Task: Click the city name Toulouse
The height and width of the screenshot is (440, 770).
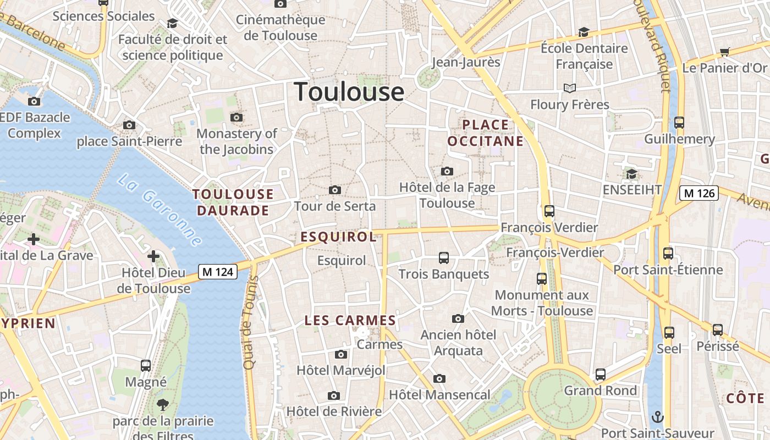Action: click(x=349, y=91)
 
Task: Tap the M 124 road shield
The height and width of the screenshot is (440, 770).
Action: click(x=218, y=272)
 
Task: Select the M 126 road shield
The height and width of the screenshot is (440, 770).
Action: click(x=699, y=193)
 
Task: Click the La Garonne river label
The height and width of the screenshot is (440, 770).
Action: click(x=159, y=210)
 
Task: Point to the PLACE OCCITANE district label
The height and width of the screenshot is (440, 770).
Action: click(x=486, y=133)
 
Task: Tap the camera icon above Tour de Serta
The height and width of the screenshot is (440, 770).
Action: click(x=334, y=190)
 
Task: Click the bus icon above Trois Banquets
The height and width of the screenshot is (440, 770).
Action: click(x=443, y=257)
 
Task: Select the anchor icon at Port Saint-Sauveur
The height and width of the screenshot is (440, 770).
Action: click(x=657, y=417)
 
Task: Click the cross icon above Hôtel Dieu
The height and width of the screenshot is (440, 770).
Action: click(x=153, y=256)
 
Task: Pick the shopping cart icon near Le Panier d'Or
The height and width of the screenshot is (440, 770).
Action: click(x=724, y=52)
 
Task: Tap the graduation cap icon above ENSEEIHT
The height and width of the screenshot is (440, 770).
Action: click(x=631, y=174)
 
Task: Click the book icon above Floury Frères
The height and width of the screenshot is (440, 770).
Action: click(x=569, y=88)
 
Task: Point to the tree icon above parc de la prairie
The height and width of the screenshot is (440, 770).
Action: click(x=163, y=405)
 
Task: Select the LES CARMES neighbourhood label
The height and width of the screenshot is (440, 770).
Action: click(x=350, y=321)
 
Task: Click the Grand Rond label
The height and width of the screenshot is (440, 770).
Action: click(x=601, y=391)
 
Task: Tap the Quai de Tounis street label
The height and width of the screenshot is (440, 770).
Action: click(x=250, y=322)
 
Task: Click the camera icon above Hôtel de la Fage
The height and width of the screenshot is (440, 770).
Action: click(x=447, y=172)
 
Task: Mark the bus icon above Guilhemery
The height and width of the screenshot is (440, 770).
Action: click(x=679, y=123)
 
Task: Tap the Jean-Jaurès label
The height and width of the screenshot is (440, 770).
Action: click(x=466, y=62)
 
